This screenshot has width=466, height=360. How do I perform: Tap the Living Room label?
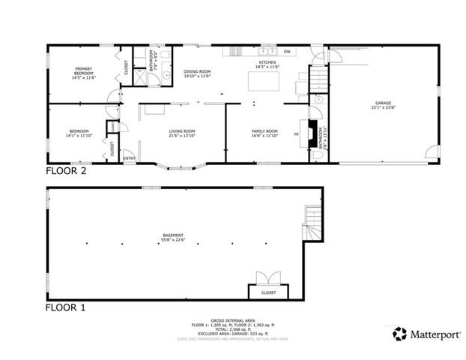(181, 133)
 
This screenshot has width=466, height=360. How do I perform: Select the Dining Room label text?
(197, 73)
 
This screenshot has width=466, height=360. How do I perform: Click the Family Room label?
(264, 133)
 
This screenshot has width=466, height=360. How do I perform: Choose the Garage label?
(383, 106)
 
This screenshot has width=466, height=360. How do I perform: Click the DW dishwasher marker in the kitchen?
(287, 51)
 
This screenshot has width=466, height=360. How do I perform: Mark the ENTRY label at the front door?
(129, 157)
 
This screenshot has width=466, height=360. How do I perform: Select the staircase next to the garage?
(318, 76)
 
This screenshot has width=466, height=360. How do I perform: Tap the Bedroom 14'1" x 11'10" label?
(79, 133)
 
